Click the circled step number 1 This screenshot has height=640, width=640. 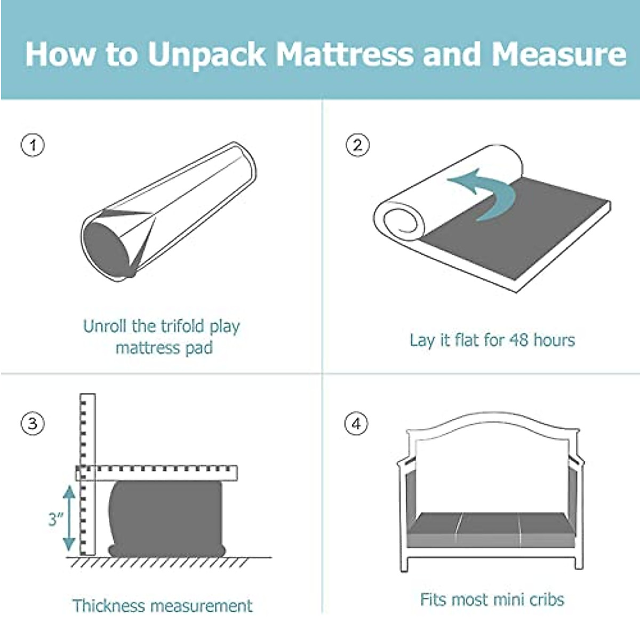(33, 145)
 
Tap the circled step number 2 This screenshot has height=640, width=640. (357, 145)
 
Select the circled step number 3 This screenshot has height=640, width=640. (33, 424)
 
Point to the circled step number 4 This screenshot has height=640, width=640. (356, 424)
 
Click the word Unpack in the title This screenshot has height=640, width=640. (207, 54)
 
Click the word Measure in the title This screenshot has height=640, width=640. (558, 54)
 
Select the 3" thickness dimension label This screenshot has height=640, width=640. (55, 518)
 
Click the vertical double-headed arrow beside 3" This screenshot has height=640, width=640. (69, 518)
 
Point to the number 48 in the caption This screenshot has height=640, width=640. (519, 340)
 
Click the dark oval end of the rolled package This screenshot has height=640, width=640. (107, 248)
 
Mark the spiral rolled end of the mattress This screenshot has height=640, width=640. (400, 221)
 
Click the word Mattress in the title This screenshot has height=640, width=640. (345, 54)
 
